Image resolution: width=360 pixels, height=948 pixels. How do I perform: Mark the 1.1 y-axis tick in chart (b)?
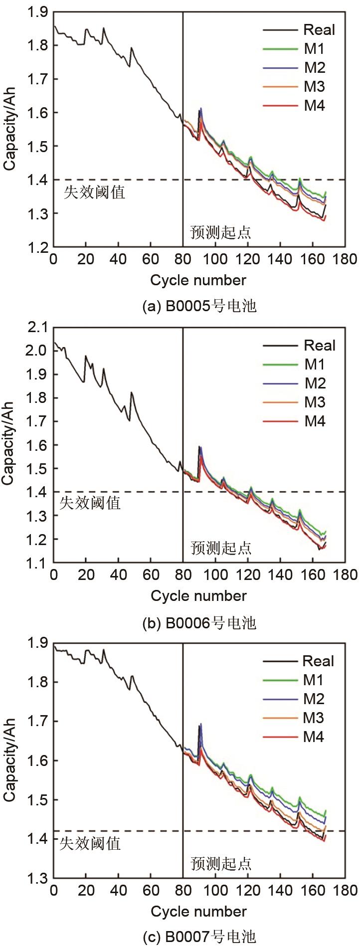click(37, 563)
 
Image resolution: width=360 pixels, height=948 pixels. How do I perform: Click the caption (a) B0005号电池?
click(199, 306)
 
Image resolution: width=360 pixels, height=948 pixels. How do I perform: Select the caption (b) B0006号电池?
click(199, 622)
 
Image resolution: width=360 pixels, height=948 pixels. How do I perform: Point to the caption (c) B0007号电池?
click(199, 938)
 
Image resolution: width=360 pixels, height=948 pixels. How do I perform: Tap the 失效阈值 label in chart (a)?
click(94, 192)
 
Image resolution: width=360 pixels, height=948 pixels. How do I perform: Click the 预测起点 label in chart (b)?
click(221, 548)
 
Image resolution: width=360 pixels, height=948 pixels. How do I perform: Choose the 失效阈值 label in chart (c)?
click(90, 844)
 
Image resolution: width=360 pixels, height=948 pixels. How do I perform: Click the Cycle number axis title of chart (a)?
click(198, 280)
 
